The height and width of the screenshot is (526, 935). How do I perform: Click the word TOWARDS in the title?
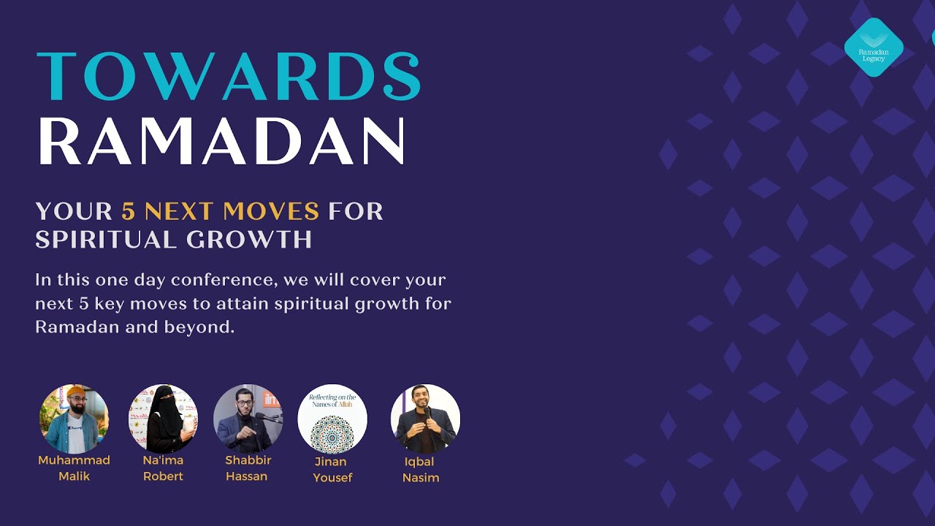[x=229, y=76]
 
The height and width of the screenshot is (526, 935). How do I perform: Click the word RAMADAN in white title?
[x=221, y=141]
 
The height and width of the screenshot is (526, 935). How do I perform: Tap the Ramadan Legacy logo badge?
[x=874, y=47]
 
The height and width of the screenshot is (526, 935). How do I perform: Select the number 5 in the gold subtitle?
[x=129, y=212]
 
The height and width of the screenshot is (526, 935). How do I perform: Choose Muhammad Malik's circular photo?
[x=74, y=419]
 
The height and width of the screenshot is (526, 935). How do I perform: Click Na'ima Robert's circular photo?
[x=163, y=419]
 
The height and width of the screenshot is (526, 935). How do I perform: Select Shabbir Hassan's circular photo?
[x=248, y=419]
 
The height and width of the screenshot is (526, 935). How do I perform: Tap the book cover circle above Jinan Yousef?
[x=332, y=419]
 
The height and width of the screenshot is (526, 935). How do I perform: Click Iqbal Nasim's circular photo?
[x=425, y=419]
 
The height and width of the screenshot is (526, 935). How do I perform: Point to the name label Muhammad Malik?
[x=74, y=468]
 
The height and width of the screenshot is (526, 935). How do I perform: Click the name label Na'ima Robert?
[x=163, y=468]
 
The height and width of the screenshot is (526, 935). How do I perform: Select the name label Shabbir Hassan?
[x=248, y=468]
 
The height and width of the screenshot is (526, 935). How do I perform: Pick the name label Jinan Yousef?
[x=332, y=469]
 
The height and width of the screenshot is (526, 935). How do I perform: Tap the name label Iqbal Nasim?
[x=421, y=470]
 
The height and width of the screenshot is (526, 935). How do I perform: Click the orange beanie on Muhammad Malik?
[x=74, y=392]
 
